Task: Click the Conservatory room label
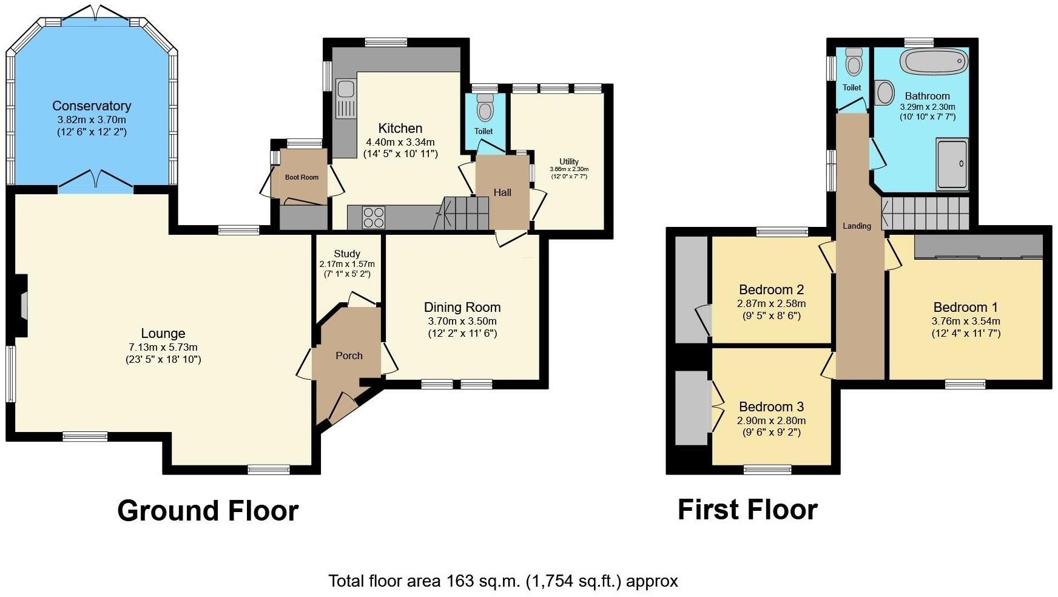(x=92, y=106)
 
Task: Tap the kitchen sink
(x=345, y=89)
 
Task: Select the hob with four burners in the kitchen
(x=373, y=218)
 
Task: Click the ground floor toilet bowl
(x=485, y=110)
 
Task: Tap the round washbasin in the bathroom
(x=885, y=93)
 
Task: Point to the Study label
(x=347, y=254)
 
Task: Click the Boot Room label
(x=302, y=177)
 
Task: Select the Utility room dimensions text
(x=568, y=173)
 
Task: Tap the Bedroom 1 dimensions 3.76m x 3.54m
(x=965, y=322)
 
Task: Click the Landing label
(x=857, y=226)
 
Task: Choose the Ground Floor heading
(x=207, y=511)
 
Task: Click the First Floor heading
(x=747, y=510)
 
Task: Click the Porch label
(x=349, y=356)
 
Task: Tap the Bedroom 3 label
(x=771, y=406)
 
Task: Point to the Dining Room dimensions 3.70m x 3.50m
(x=462, y=321)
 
